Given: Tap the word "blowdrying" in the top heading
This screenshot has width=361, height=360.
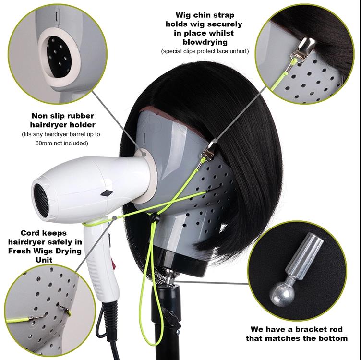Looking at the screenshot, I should [x=204, y=42].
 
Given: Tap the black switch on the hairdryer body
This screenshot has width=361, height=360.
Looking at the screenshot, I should [x=107, y=193].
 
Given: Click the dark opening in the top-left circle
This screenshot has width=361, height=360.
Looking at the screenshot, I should [x=59, y=57].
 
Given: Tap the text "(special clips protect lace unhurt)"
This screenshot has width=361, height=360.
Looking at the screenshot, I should [x=205, y=51].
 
